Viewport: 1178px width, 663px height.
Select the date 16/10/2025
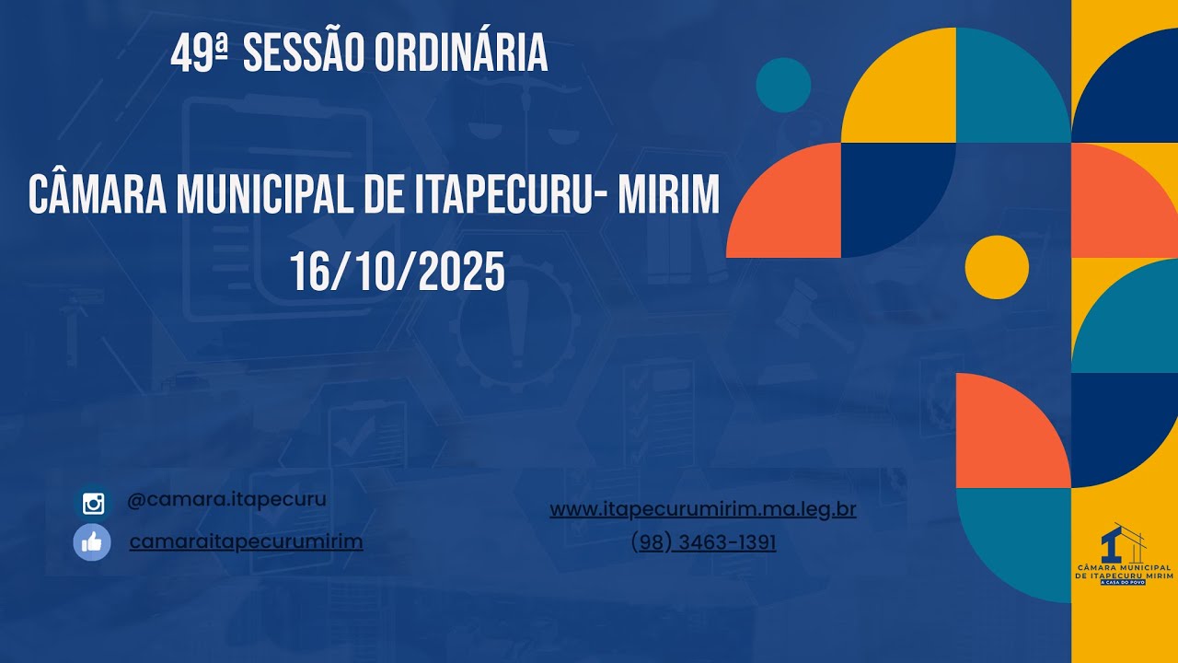398,273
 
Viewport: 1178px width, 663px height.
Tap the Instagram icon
93,504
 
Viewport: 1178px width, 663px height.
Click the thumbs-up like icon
92,542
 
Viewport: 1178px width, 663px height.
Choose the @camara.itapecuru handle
226,499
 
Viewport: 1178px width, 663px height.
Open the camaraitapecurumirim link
246,541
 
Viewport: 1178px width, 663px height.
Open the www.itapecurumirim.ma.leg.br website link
703,509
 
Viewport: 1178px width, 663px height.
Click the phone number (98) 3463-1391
703,543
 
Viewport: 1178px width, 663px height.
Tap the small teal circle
783,85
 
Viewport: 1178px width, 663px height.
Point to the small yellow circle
997,267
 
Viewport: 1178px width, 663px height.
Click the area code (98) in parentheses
650,543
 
